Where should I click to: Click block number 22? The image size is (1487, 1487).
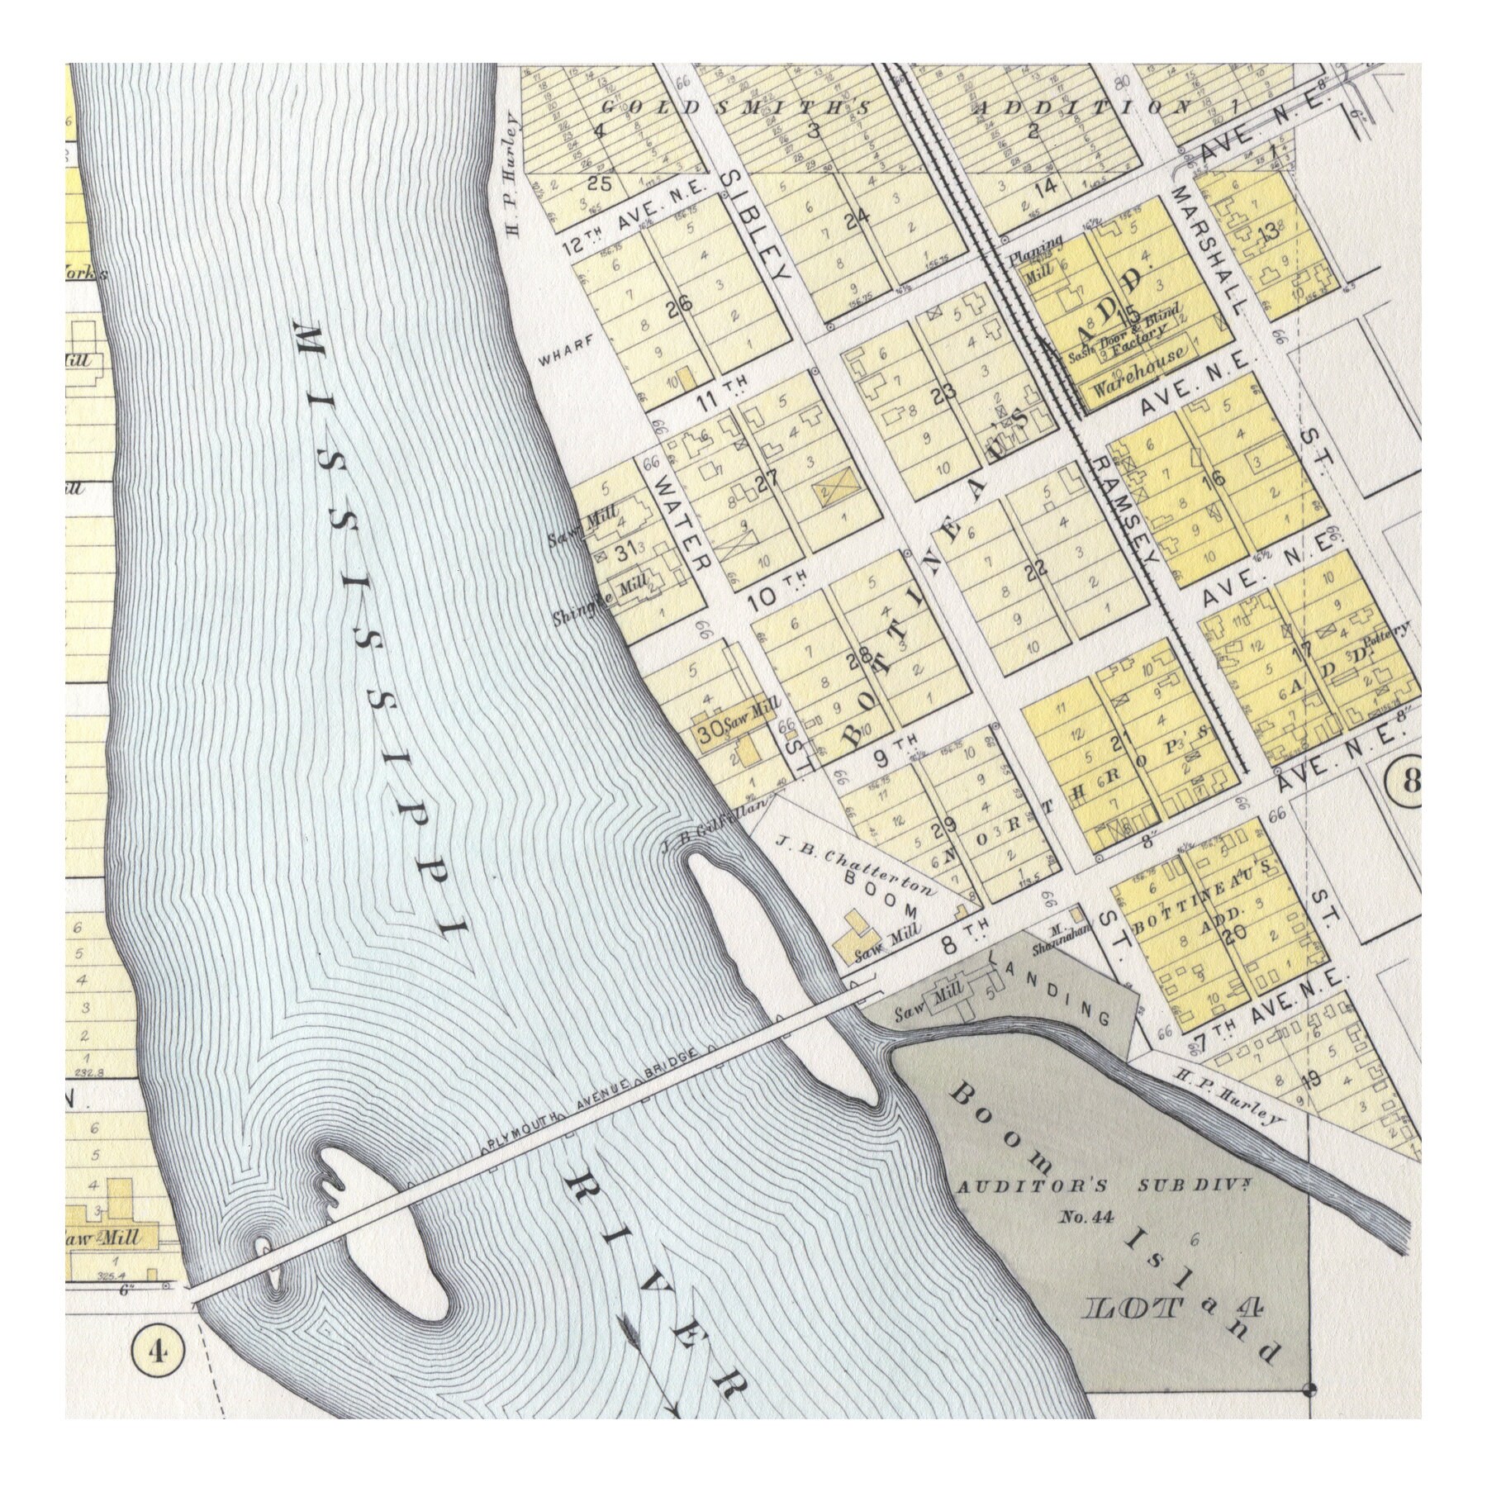1035,569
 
